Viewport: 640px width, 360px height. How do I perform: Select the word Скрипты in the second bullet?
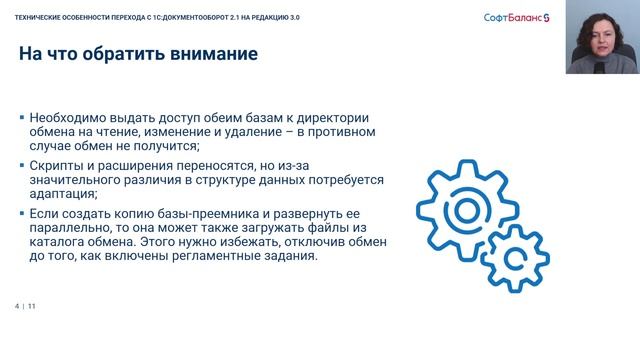point(59,166)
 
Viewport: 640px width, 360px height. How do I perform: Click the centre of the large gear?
point(466,211)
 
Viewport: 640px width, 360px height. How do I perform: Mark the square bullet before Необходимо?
point(22,117)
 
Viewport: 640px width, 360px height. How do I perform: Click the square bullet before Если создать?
point(22,214)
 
